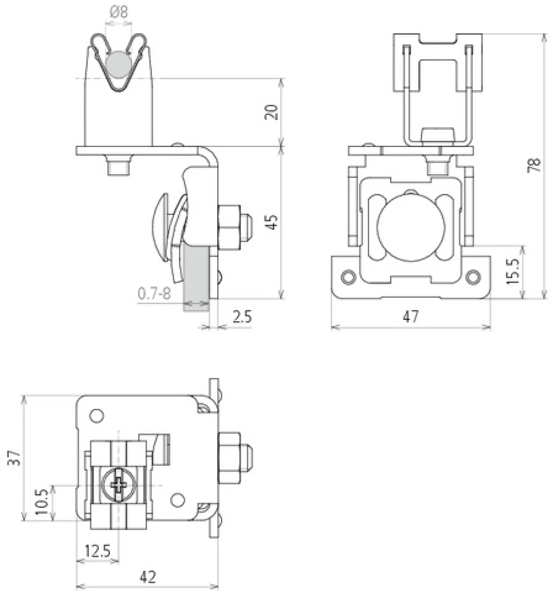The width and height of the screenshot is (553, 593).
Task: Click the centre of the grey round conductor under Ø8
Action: pyautogui.click(x=119, y=64)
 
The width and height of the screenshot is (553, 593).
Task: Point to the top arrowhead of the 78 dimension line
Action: pyautogui.click(x=544, y=37)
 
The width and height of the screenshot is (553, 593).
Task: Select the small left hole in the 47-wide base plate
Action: pyautogui.click(x=348, y=276)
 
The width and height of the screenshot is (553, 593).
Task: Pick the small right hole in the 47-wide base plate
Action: pyautogui.click(x=473, y=276)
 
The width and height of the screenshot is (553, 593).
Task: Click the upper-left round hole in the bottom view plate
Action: pyautogui.click(x=96, y=416)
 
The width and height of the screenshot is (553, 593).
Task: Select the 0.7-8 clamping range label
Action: pyautogui.click(x=154, y=294)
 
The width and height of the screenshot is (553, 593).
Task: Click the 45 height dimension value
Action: pyautogui.click(x=272, y=222)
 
